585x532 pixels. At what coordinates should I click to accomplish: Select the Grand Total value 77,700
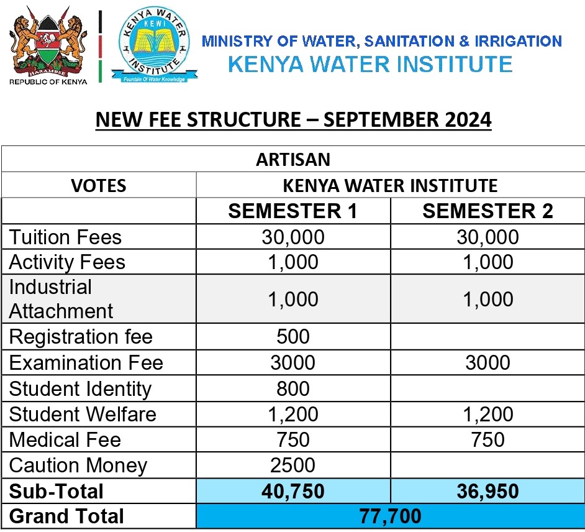click(390, 516)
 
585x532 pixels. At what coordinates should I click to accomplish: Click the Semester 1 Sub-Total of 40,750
click(293, 491)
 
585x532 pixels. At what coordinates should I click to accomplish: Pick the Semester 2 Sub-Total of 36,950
click(487, 491)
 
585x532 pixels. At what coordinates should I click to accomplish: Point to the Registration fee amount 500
click(293, 337)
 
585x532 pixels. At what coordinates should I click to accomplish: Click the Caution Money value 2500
click(293, 465)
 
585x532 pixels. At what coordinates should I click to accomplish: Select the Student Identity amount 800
click(293, 388)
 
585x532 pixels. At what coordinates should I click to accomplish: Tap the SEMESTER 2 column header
click(487, 211)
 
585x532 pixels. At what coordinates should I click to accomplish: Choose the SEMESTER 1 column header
click(293, 211)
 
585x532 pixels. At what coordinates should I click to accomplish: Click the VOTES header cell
click(99, 185)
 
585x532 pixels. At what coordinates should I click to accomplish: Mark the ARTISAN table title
click(293, 159)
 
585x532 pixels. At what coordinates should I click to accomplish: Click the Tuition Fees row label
click(65, 237)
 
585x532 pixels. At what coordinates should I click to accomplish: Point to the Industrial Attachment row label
click(61, 299)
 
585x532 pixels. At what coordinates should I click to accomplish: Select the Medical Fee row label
click(65, 439)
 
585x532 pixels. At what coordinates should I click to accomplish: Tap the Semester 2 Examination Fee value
click(487, 362)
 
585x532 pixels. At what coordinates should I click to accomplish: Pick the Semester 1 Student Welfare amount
click(293, 414)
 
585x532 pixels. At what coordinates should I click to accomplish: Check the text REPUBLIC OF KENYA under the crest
click(48, 80)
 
